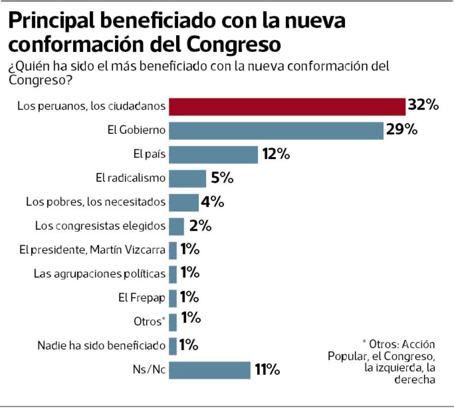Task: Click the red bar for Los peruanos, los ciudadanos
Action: [287, 106]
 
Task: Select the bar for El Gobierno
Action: [276, 130]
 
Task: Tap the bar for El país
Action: [214, 154]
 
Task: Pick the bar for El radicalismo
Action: [188, 178]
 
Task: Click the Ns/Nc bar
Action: [210, 369]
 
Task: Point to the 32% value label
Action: [423, 105]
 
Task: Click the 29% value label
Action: [402, 130]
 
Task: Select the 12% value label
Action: [275, 154]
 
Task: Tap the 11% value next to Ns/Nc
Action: [267, 369]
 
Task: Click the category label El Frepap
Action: [142, 297]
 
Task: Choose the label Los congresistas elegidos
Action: [100, 226]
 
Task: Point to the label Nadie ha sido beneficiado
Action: [101, 345]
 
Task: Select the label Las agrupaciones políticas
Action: [99, 273]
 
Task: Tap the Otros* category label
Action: [149, 322]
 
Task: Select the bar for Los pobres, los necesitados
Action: [184, 202]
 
